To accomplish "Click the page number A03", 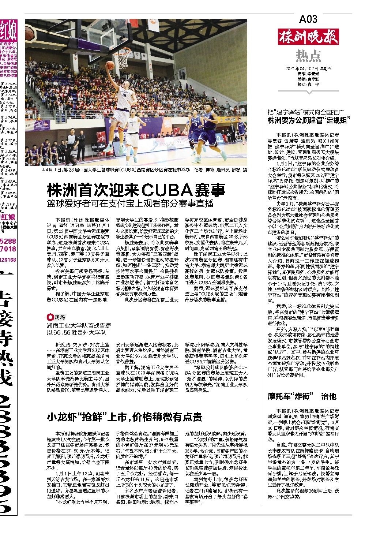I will point(308,18).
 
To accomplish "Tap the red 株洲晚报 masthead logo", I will point(308,38).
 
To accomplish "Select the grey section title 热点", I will point(308,56).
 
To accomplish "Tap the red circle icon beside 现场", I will point(49,317).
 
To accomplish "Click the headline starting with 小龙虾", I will point(124,417).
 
